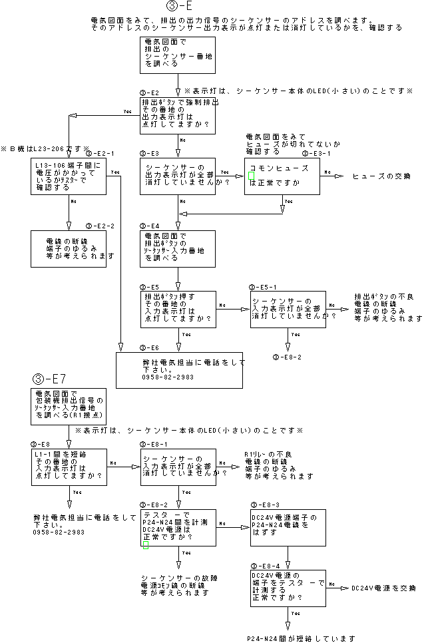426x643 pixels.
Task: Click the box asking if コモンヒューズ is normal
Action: point(282,176)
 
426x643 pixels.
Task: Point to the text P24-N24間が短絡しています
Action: point(300,638)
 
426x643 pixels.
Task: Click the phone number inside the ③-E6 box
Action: point(168,377)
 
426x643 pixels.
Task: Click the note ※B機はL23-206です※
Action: point(45,147)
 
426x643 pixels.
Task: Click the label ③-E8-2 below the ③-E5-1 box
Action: point(287,357)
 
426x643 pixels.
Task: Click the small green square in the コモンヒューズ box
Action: point(252,175)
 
